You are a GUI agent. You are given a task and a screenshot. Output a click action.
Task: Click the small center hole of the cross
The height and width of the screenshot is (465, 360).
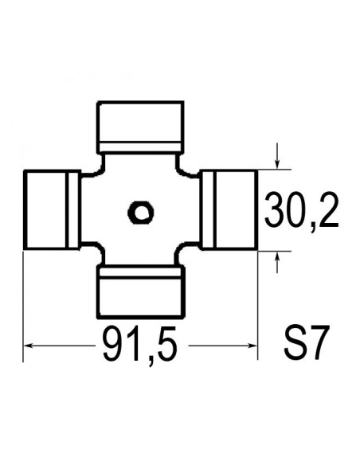pos(142,212)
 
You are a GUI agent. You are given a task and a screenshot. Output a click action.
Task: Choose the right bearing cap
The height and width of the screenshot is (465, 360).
pos(233,209)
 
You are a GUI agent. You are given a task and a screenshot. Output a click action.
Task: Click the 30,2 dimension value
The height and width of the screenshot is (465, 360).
pos(300,211)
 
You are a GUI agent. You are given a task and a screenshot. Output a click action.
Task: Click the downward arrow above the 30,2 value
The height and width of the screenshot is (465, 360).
pos(276,162)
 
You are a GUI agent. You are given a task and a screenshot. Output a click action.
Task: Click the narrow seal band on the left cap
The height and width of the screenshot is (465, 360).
pos(73,209)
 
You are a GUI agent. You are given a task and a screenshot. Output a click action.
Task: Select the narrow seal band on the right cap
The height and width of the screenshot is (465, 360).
pos(209,209)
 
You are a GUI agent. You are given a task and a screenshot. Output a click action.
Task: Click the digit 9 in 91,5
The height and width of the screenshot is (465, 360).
pos(114,346)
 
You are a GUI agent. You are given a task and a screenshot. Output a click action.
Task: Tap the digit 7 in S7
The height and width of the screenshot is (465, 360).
pos(319,345)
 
